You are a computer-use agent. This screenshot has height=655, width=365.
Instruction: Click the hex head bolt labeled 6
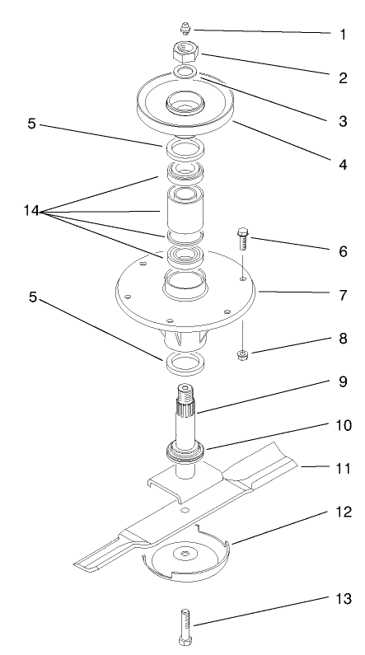point(242,239)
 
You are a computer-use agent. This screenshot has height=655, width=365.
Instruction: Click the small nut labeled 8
point(243,354)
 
